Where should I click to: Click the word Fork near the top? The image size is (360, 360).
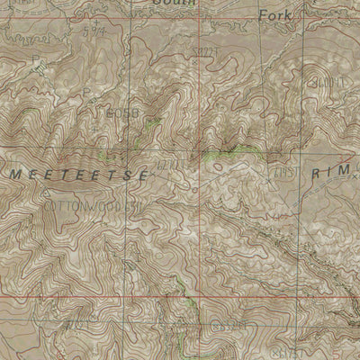(275, 15)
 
